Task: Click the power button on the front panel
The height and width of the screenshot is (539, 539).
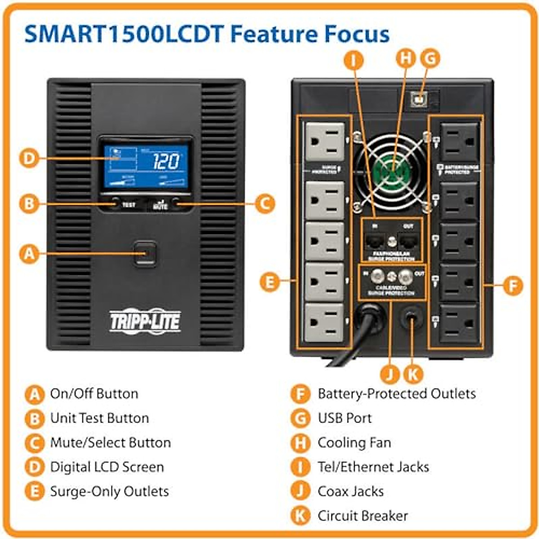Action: [x=145, y=253]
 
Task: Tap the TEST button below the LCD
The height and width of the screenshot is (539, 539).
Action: [x=116, y=203]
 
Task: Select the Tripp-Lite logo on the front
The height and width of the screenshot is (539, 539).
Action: [x=145, y=321]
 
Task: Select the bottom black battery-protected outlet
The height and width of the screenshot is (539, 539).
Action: [x=459, y=323]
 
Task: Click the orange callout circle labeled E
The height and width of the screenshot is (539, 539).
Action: [x=270, y=282]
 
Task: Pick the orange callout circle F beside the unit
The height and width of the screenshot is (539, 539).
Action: [x=513, y=285]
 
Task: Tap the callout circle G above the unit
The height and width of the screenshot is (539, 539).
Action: [x=430, y=58]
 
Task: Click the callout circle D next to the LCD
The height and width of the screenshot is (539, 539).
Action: [x=29, y=158]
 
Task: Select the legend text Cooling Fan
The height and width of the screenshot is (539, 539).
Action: [x=354, y=443]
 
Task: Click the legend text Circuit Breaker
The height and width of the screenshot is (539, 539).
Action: [x=362, y=516]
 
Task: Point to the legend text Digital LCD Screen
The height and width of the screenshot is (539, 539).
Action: [x=107, y=467]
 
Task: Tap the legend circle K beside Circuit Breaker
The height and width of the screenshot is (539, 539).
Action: [x=300, y=516]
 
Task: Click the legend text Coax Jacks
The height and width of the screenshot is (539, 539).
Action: [x=350, y=491]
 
